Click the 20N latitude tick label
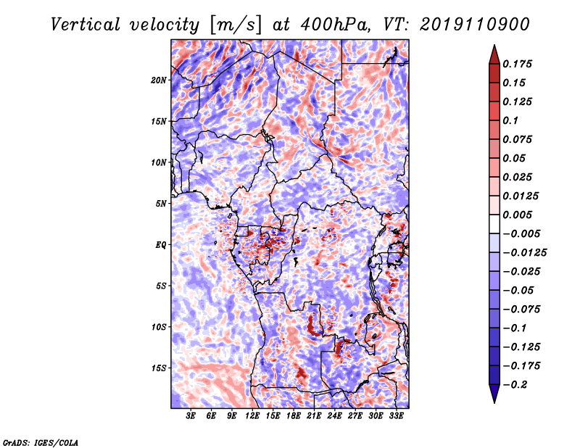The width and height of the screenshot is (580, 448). click(159, 80)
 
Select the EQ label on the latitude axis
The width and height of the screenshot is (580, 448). click(161, 245)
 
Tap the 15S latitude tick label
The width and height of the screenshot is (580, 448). click(159, 368)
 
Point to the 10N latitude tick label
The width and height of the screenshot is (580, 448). click(159, 162)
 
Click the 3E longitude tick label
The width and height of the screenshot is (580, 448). click(191, 416)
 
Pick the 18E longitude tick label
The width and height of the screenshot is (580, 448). click(294, 416)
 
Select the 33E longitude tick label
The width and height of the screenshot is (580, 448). click(396, 416)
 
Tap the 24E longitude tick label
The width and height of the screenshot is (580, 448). click(334, 416)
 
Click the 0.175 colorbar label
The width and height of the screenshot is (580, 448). click(517, 64)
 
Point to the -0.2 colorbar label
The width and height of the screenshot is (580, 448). click(515, 385)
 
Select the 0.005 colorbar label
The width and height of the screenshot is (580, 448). click(517, 215)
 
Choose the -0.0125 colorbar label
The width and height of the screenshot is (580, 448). click(524, 253)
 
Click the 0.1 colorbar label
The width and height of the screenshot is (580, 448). click(510, 120)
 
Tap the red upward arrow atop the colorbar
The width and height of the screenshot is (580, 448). click(494, 54)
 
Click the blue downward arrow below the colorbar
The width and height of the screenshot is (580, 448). click(494, 394)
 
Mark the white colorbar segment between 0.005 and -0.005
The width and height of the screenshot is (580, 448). click(494, 224)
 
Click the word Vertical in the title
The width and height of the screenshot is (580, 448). click(85, 25)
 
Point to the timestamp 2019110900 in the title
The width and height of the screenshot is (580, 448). click(475, 25)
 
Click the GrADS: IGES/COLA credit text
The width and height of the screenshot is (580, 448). click(41, 443)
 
